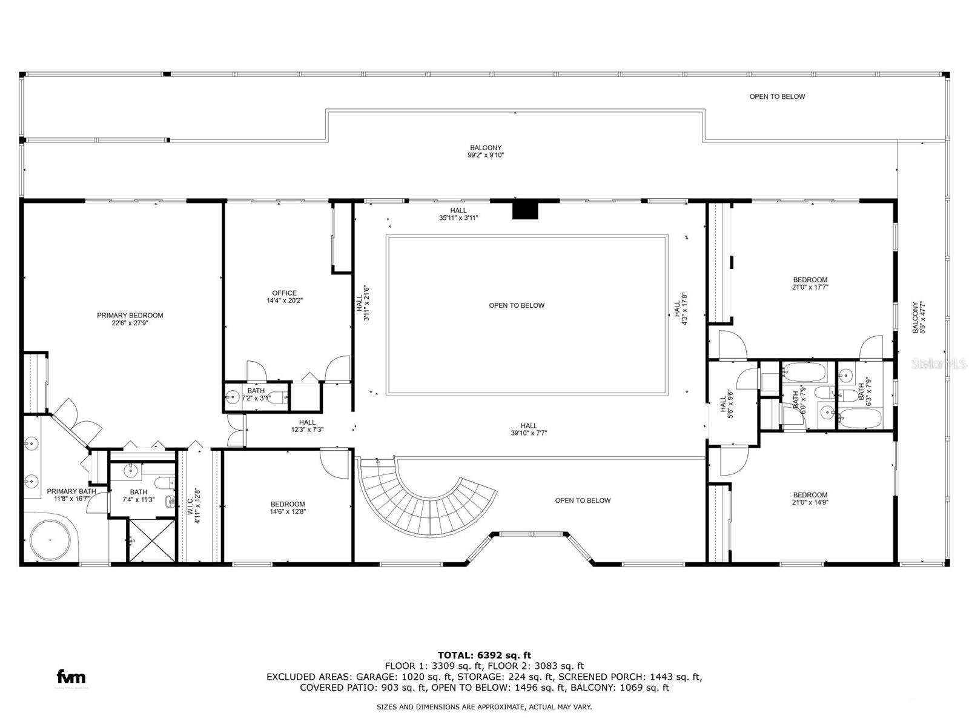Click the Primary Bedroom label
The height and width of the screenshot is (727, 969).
(130, 319)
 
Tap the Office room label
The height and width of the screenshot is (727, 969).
(284, 296)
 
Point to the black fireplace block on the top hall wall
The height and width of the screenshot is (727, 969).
(525, 210)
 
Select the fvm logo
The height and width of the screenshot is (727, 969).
(71, 677)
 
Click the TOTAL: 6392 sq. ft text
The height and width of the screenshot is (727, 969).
(484, 655)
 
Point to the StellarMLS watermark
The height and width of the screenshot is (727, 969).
(939, 363)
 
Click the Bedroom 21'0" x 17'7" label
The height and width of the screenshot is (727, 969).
(810, 284)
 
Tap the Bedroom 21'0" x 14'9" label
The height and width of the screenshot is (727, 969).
(810, 498)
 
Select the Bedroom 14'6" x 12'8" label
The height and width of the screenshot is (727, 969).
(288, 508)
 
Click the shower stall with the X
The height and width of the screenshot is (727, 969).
(149, 540)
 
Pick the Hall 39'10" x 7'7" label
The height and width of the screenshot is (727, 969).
(529, 429)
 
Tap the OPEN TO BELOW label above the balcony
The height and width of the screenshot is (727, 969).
(777, 96)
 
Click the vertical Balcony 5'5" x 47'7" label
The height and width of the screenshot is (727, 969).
(919, 318)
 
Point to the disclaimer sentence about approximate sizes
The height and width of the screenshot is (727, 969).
(484, 707)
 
